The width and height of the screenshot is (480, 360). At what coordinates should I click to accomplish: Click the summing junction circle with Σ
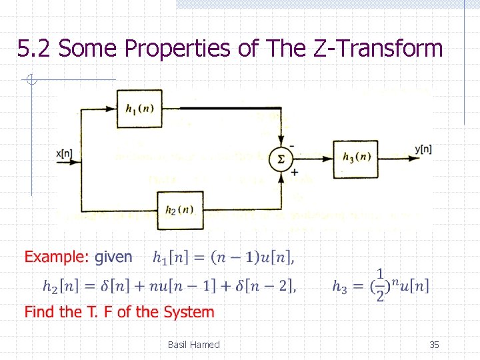(281, 159)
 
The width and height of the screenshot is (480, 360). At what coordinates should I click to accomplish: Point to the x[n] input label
(65, 153)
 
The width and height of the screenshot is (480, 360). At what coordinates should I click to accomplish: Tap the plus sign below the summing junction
(294, 173)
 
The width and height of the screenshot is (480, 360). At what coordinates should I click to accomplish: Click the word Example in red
(55, 257)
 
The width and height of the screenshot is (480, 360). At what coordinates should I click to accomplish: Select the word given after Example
(113, 257)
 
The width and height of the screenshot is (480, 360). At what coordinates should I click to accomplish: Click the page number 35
(434, 345)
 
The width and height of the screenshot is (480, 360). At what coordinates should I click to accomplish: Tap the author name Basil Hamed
(193, 345)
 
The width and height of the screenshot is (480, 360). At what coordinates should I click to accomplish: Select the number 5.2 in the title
(35, 49)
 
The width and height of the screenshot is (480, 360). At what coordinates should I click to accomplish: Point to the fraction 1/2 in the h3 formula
(380, 285)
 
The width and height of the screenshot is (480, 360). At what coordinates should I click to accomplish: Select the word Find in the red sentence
(40, 312)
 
